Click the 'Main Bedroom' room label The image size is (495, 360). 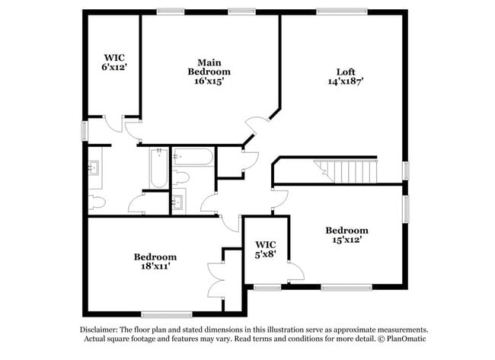[209, 66]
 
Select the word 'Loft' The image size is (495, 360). [346, 72]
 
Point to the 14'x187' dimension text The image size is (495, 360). [346, 81]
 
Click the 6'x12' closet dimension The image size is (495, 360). [114, 67]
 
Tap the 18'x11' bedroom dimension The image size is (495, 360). [155, 266]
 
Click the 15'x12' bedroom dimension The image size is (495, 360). [346, 240]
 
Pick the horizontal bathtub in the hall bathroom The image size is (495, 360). [195, 158]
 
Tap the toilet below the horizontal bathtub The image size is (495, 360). [181, 179]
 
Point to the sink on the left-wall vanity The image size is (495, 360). [95, 168]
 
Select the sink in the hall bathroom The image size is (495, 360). [178, 202]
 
